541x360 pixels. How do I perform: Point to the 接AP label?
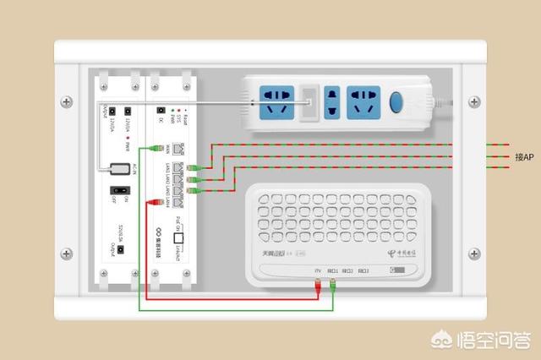(524, 157)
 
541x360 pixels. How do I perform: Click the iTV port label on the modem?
(318, 271)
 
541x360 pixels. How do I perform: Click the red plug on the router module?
(154, 202)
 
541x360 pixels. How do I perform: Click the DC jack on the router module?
(161, 110)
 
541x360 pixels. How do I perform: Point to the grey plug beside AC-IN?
(111, 167)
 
